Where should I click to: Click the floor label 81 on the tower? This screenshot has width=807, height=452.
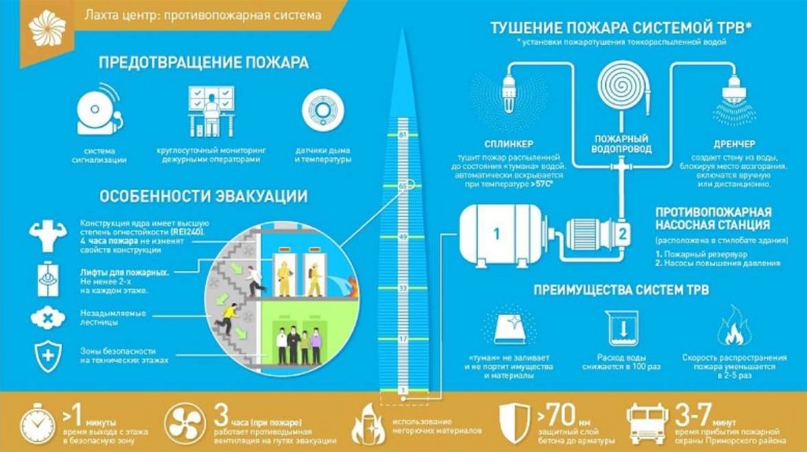[402, 135]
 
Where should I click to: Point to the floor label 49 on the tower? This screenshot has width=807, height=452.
[402, 236]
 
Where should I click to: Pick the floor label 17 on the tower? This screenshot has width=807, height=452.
[402, 338]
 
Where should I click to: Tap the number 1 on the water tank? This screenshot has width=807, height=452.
[496, 233]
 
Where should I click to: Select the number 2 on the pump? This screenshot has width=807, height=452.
[621, 233]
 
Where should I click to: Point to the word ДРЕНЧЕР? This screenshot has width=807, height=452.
[735, 144]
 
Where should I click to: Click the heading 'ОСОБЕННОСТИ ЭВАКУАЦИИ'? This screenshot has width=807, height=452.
[203, 196]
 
